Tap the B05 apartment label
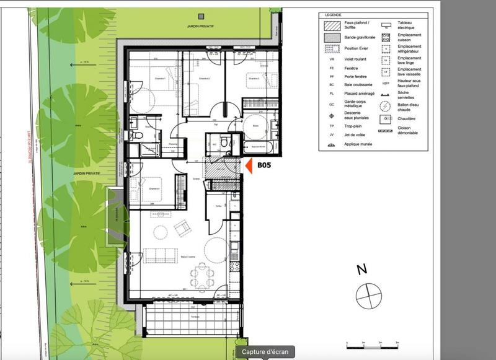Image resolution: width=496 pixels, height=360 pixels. click(x=265, y=165)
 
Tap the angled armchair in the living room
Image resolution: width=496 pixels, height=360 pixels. click(x=184, y=229)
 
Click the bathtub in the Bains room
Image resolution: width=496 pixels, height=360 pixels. click(x=255, y=146)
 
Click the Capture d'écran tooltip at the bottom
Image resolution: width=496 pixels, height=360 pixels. click(x=265, y=352)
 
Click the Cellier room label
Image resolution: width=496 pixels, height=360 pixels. click(x=219, y=206)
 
